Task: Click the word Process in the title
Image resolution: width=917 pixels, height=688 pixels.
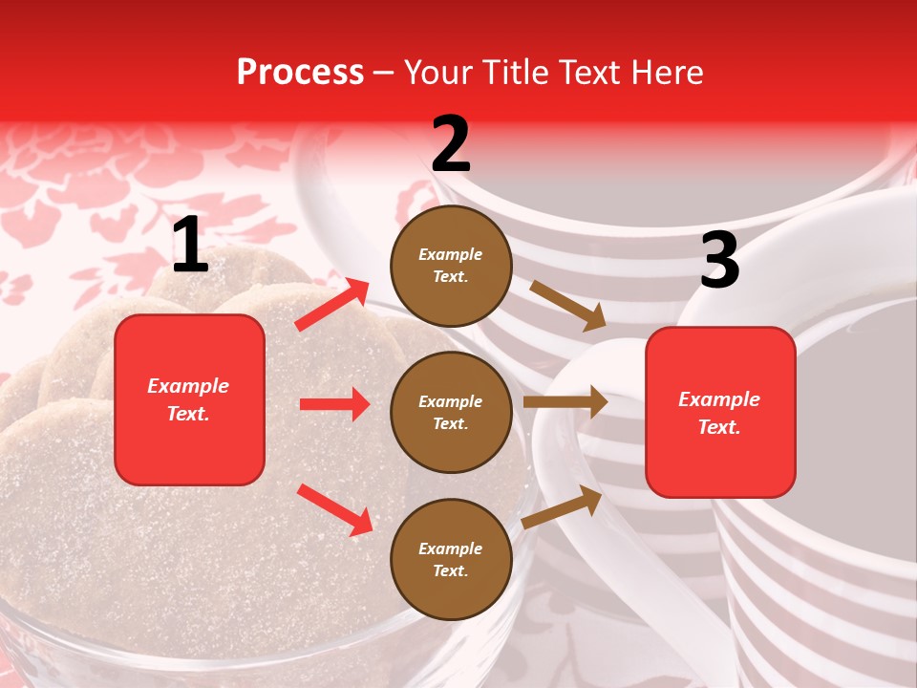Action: coord(300,73)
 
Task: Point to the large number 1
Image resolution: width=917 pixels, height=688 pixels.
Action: coord(190,246)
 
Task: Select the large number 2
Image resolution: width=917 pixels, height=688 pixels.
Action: coord(451,144)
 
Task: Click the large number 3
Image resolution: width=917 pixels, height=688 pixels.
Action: coord(719,261)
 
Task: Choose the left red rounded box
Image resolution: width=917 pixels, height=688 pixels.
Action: coord(189,399)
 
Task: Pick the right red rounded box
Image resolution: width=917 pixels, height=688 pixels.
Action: coord(720,413)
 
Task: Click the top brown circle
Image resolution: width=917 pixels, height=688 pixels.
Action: coord(451,265)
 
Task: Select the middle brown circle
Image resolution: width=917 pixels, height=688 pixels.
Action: coord(451,412)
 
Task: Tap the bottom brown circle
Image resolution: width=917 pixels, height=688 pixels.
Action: coord(451,559)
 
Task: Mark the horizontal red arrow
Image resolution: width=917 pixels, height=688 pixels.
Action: coord(334,404)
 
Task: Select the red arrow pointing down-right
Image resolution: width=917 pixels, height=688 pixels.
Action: coord(334,509)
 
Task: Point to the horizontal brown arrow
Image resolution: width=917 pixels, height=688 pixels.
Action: coord(565,402)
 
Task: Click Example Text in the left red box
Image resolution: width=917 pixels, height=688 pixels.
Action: coord(189,399)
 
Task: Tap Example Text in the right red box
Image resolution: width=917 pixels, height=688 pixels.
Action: coord(720,413)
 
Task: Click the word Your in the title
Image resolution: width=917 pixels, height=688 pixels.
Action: coord(437,73)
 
